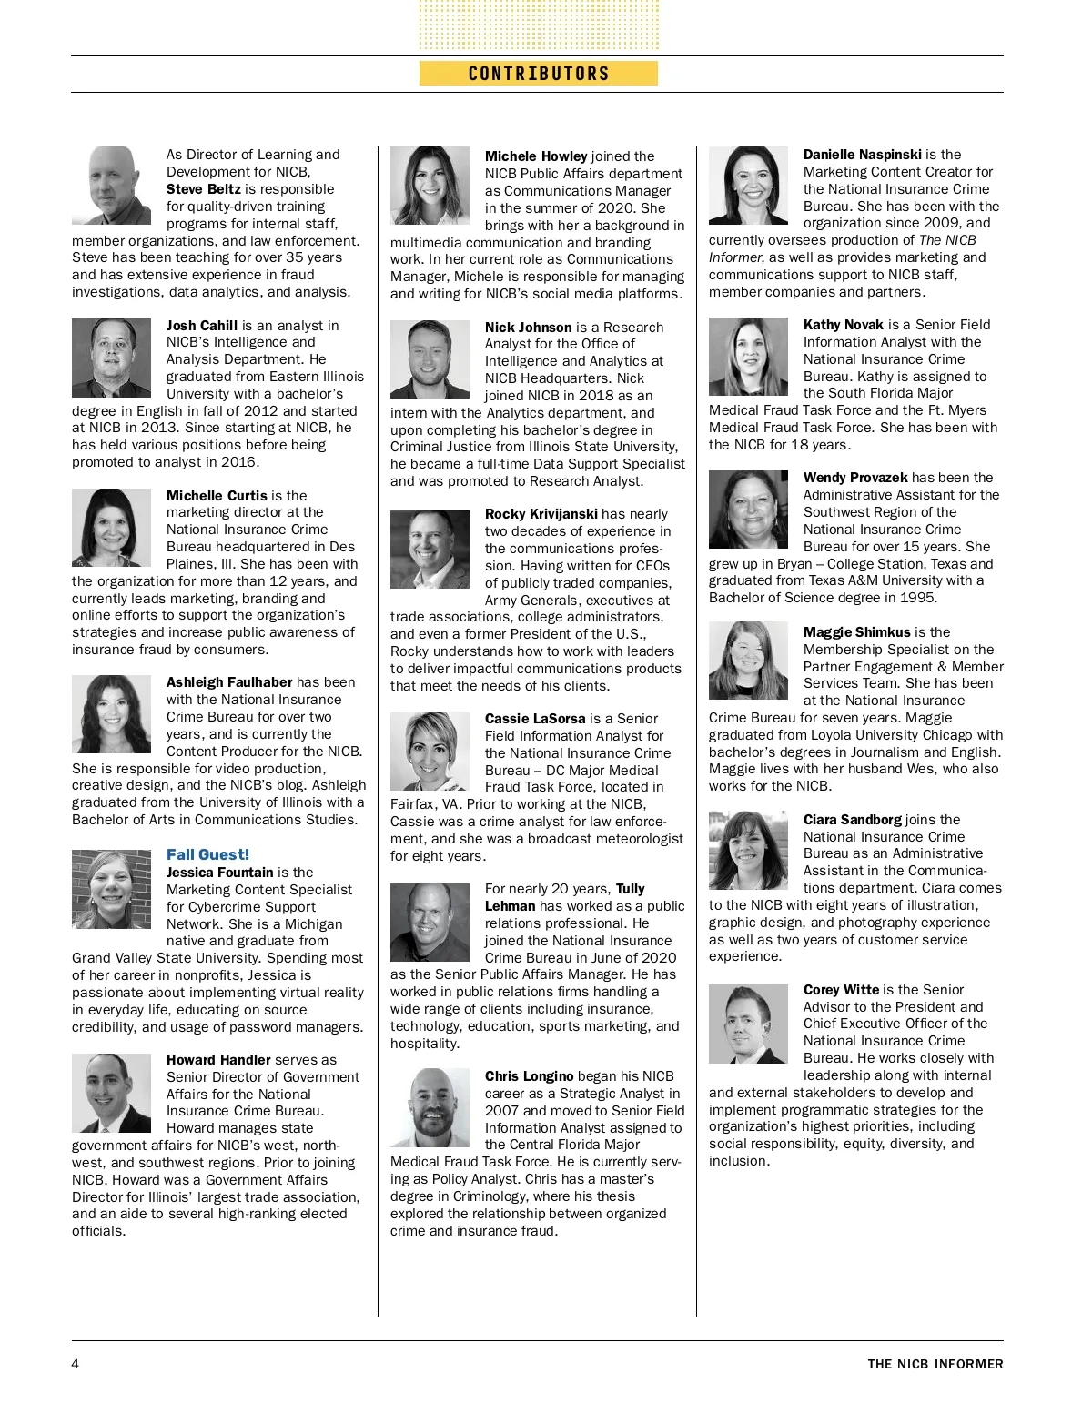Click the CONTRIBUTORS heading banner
538,74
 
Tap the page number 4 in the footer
76,1363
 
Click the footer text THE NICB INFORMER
935,1364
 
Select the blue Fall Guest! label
207,854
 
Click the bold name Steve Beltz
203,189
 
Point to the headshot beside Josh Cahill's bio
111,358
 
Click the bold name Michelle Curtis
217,496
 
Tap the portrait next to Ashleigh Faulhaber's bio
111,714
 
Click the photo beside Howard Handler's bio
111,1093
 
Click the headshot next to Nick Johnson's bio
430,359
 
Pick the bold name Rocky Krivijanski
541,514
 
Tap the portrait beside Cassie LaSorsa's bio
430,752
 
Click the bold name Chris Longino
529,1076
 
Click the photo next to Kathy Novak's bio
748,357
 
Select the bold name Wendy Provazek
855,478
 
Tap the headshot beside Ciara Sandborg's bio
748,850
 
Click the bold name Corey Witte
841,990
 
